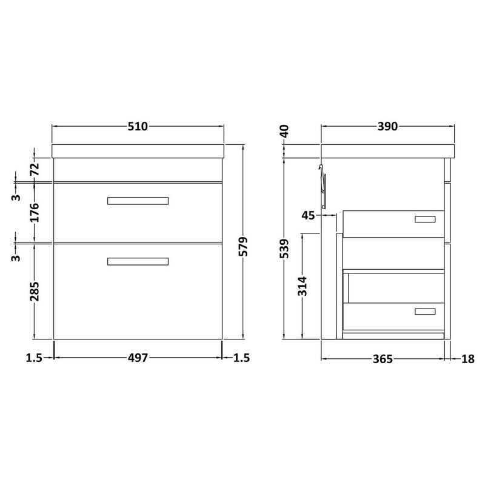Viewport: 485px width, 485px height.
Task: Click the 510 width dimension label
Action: coord(138,127)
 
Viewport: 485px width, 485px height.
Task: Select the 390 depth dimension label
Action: coord(387,127)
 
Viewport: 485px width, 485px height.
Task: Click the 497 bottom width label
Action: coord(138,358)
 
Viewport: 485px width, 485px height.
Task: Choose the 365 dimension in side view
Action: coord(382,359)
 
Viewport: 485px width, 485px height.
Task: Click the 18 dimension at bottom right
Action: coord(467,359)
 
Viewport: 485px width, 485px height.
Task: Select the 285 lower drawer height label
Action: coord(35,291)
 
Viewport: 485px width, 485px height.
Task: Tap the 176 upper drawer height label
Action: coord(35,212)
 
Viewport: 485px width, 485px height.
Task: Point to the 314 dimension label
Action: coord(303,285)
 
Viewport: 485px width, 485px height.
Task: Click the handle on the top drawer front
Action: coord(138,201)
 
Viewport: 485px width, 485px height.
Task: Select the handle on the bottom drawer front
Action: coord(138,261)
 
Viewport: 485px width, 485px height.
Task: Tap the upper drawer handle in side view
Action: coord(425,219)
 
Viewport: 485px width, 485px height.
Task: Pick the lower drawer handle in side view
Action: coord(425,312)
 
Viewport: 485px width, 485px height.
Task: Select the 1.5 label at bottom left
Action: coord(34,358)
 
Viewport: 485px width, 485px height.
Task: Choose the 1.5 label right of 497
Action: coord(241,358)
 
